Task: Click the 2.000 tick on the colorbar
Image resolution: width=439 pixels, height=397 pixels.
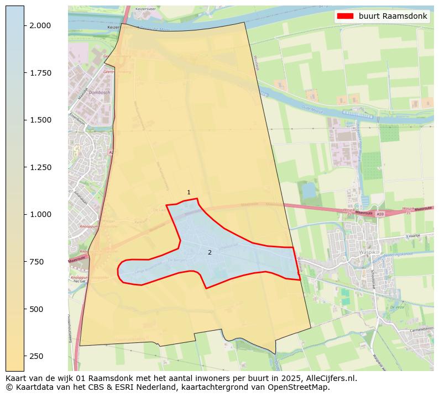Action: [x=39, y=25]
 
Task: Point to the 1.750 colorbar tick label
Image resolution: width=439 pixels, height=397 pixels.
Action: [x=39, y=73]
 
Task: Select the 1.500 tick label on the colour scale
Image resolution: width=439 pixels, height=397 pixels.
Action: [x=39, y=120]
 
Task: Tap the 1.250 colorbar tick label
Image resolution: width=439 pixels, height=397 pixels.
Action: [x=39, y=167]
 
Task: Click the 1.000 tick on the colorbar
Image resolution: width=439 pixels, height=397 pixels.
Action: [x=39, y=214]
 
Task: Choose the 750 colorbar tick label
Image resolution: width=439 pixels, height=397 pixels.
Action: [x=36, y=262]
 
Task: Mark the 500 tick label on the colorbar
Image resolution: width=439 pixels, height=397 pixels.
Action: [x=36, y=309]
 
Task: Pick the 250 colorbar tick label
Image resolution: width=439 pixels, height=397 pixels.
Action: [x=36, y=356]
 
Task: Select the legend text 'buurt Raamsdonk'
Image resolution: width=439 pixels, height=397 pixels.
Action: [x=393, y=16]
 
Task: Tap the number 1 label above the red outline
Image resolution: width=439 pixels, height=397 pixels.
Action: [x=189, y=193]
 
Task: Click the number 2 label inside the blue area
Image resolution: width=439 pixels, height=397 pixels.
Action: [x=210, y=252]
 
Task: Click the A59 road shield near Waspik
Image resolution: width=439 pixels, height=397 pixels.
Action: [x=379, y=214]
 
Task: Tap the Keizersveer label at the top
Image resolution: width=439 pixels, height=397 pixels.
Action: [x=146, y=9]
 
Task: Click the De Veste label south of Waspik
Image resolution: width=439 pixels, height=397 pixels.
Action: [x=397, y=307]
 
